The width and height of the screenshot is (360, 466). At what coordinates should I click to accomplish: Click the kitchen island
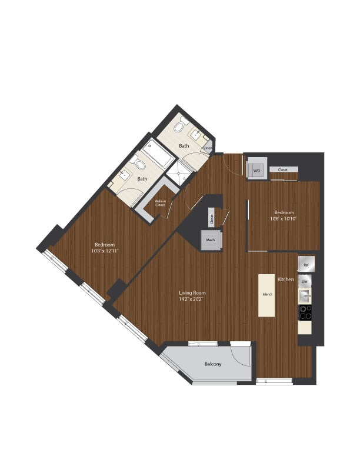tap(266, 295)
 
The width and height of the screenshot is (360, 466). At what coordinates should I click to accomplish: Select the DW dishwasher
tap(305, 282)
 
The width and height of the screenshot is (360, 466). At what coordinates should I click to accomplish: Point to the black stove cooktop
tap(305, 312)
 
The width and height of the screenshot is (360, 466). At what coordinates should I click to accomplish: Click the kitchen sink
tap(305, 295)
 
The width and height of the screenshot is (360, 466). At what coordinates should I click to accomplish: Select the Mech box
tap(210, 240)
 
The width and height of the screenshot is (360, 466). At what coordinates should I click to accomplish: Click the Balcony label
tap(213, 364)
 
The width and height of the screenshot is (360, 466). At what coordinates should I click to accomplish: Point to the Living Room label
tap(192, 292)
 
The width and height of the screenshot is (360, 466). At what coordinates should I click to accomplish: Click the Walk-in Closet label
tap(160, 204)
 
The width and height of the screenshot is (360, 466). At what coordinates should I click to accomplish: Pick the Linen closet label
tap(207, 148)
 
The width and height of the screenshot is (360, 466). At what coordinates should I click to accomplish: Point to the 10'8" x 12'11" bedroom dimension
tap(105, 251)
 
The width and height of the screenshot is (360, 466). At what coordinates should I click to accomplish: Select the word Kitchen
tap(286, 279)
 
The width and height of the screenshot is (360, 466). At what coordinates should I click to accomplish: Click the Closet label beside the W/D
tap(283, 169)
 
